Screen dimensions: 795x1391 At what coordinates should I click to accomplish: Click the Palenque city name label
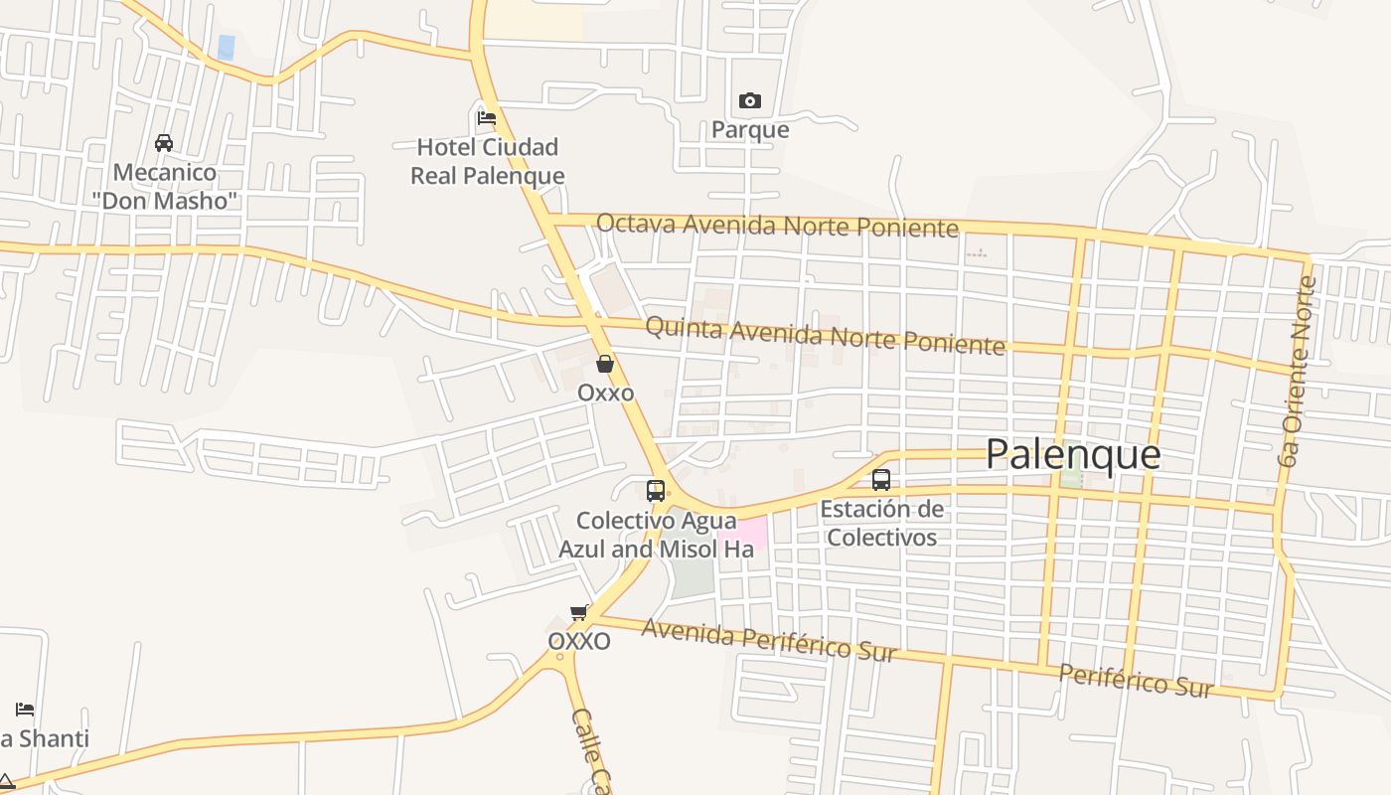[x=1073, y=454]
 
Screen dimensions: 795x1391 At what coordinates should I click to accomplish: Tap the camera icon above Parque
[x=750, y=100]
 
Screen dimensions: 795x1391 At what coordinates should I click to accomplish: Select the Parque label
[x=750, y=130]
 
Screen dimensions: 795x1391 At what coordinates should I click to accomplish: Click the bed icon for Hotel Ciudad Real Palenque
[x=487, y=117]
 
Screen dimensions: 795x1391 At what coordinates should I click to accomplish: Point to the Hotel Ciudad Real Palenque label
[x=488, y=162]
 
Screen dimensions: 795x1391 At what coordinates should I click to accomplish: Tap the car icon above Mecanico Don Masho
[x=164, y=143]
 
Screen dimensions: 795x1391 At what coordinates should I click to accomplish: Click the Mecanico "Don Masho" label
[x=165, y=187]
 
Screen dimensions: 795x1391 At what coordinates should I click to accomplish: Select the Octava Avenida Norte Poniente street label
[x=777, y=226]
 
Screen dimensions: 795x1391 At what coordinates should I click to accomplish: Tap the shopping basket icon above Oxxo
[x=605, y=365]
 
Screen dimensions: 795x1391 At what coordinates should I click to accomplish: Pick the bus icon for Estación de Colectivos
[x=880, y=480]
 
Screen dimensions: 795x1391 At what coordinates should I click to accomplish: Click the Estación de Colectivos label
[x=881, y=524]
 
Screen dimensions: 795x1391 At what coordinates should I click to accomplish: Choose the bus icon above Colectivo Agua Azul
[x=656, y=490]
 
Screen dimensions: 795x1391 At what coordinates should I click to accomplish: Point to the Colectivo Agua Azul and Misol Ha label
[x=656, y=535]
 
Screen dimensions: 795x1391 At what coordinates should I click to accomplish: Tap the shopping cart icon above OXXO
[x=578, y=612]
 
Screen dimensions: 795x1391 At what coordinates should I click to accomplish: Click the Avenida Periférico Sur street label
[x=769, y=639]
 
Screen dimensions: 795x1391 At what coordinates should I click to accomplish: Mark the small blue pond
[x=227, y=48]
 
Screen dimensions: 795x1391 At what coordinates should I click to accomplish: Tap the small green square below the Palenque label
[x=1071, y=478]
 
